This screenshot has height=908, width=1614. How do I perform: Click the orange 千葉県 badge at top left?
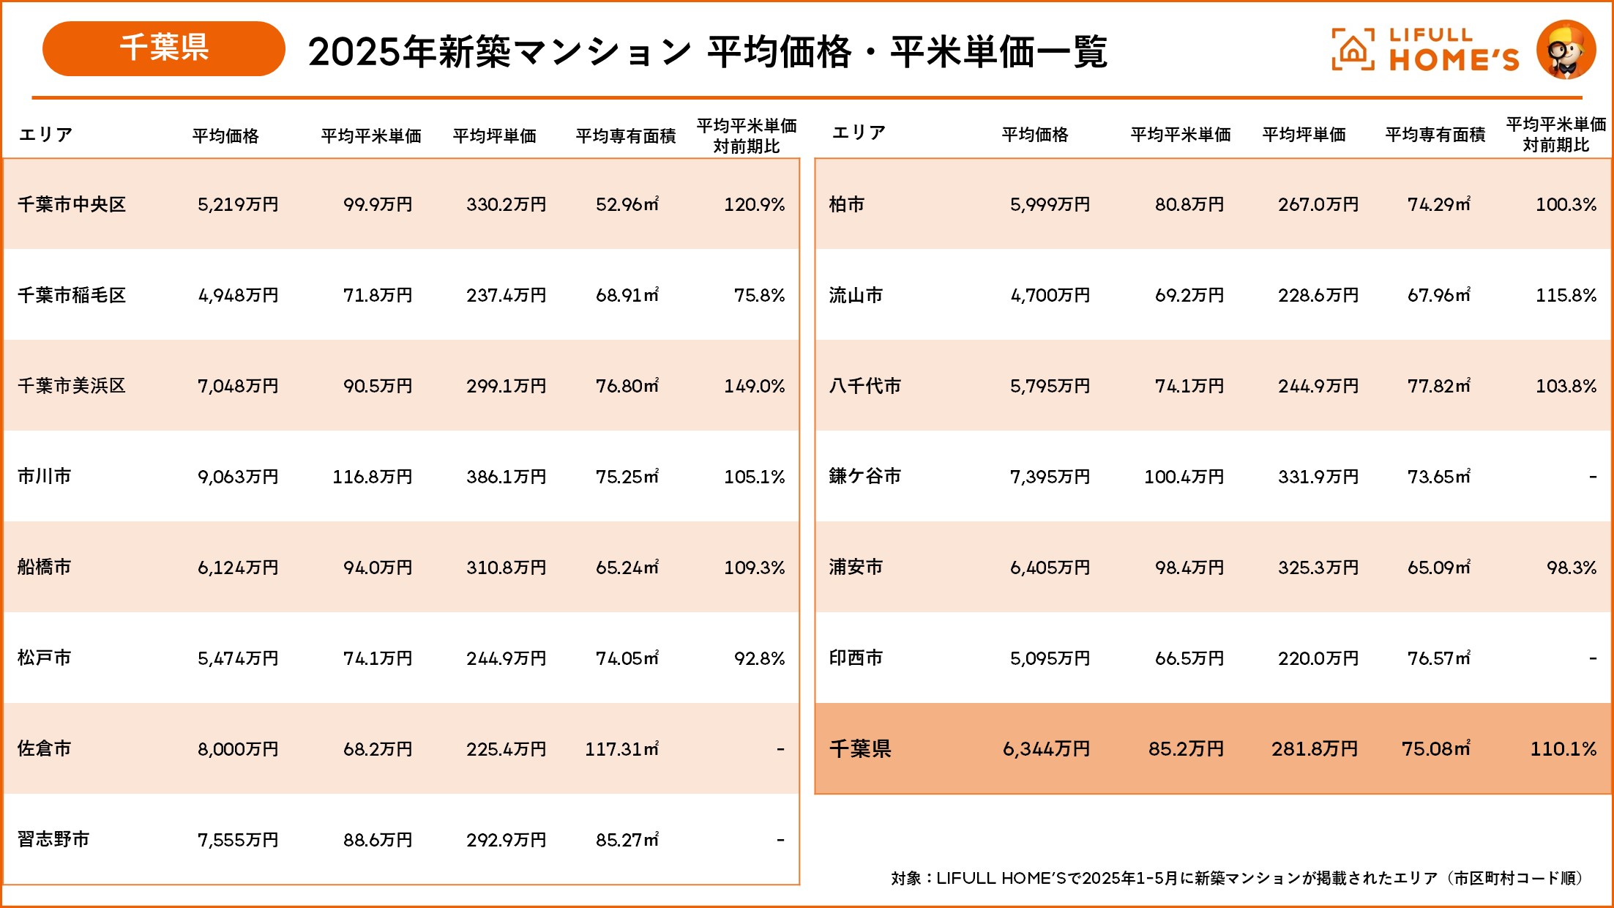click(163, 48)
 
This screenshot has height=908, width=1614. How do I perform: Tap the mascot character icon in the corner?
click(1566, 50)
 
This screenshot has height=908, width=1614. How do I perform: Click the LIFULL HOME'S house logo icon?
click(1352, 50)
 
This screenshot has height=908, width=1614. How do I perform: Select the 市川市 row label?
click(45, 477)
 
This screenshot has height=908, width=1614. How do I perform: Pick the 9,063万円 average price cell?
click(238, 477)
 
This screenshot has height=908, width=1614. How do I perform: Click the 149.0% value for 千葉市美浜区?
click(754, 386)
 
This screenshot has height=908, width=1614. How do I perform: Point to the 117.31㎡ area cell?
click(621, 749)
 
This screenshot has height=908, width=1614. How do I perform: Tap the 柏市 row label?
click(847, 204)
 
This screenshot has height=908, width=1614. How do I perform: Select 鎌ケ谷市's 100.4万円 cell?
click(1184, 477)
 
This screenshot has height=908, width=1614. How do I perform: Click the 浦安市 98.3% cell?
click(1571, 567)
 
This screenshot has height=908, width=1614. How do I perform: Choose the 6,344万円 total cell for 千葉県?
click(1046, 749)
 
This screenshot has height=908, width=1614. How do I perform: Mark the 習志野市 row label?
click(53, 840)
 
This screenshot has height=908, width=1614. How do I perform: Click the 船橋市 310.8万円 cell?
click(506, 567)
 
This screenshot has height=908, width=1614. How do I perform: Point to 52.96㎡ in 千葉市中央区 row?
click(627, 204)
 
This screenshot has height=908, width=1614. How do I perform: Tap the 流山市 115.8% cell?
click(1566, 295)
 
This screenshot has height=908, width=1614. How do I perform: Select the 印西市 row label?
click(856, 658)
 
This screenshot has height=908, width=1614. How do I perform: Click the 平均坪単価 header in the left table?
click(495, 136)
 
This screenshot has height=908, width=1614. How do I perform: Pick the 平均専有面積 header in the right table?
click(1435, 135)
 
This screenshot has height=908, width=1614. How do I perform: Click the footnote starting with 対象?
click(1237, 878)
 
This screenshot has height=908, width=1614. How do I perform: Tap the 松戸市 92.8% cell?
click(759, 658)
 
